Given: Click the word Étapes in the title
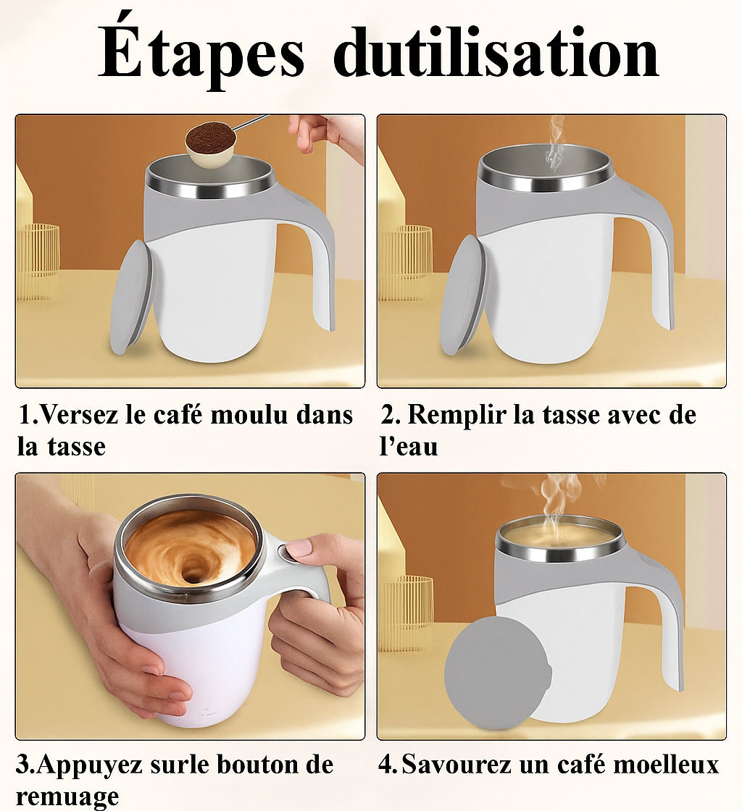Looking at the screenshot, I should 201,54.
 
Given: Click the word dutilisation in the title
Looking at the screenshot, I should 496,54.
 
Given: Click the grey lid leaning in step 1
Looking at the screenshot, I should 131,297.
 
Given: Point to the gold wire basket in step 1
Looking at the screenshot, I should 38,261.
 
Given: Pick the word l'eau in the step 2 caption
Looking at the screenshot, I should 409,447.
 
